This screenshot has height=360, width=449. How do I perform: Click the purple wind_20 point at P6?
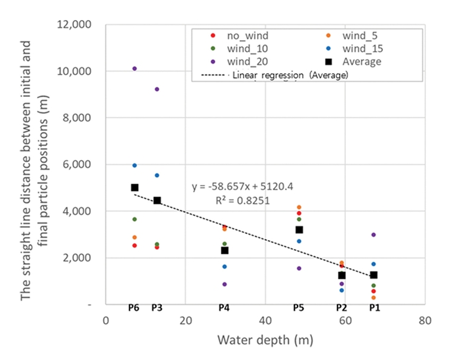[x=135, y=68]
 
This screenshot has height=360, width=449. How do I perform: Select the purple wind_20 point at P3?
[x=157, y=89]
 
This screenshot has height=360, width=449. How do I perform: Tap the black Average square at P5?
[x=299, y=230]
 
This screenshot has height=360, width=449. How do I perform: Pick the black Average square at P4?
[x=225, y=250]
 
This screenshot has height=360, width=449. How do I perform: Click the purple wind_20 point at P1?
[x=374, y=235]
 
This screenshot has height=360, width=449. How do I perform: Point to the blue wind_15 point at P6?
[x=135, y=165]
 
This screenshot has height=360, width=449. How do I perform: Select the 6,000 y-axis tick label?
[x=75, y=164]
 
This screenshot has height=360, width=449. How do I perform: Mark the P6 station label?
[x=134, y=308]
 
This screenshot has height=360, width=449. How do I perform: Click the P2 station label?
[x=341, y=308]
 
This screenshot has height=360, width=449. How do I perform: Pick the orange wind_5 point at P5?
[x=299, y=207]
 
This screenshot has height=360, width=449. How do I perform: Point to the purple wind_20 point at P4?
[x=225, y=284]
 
